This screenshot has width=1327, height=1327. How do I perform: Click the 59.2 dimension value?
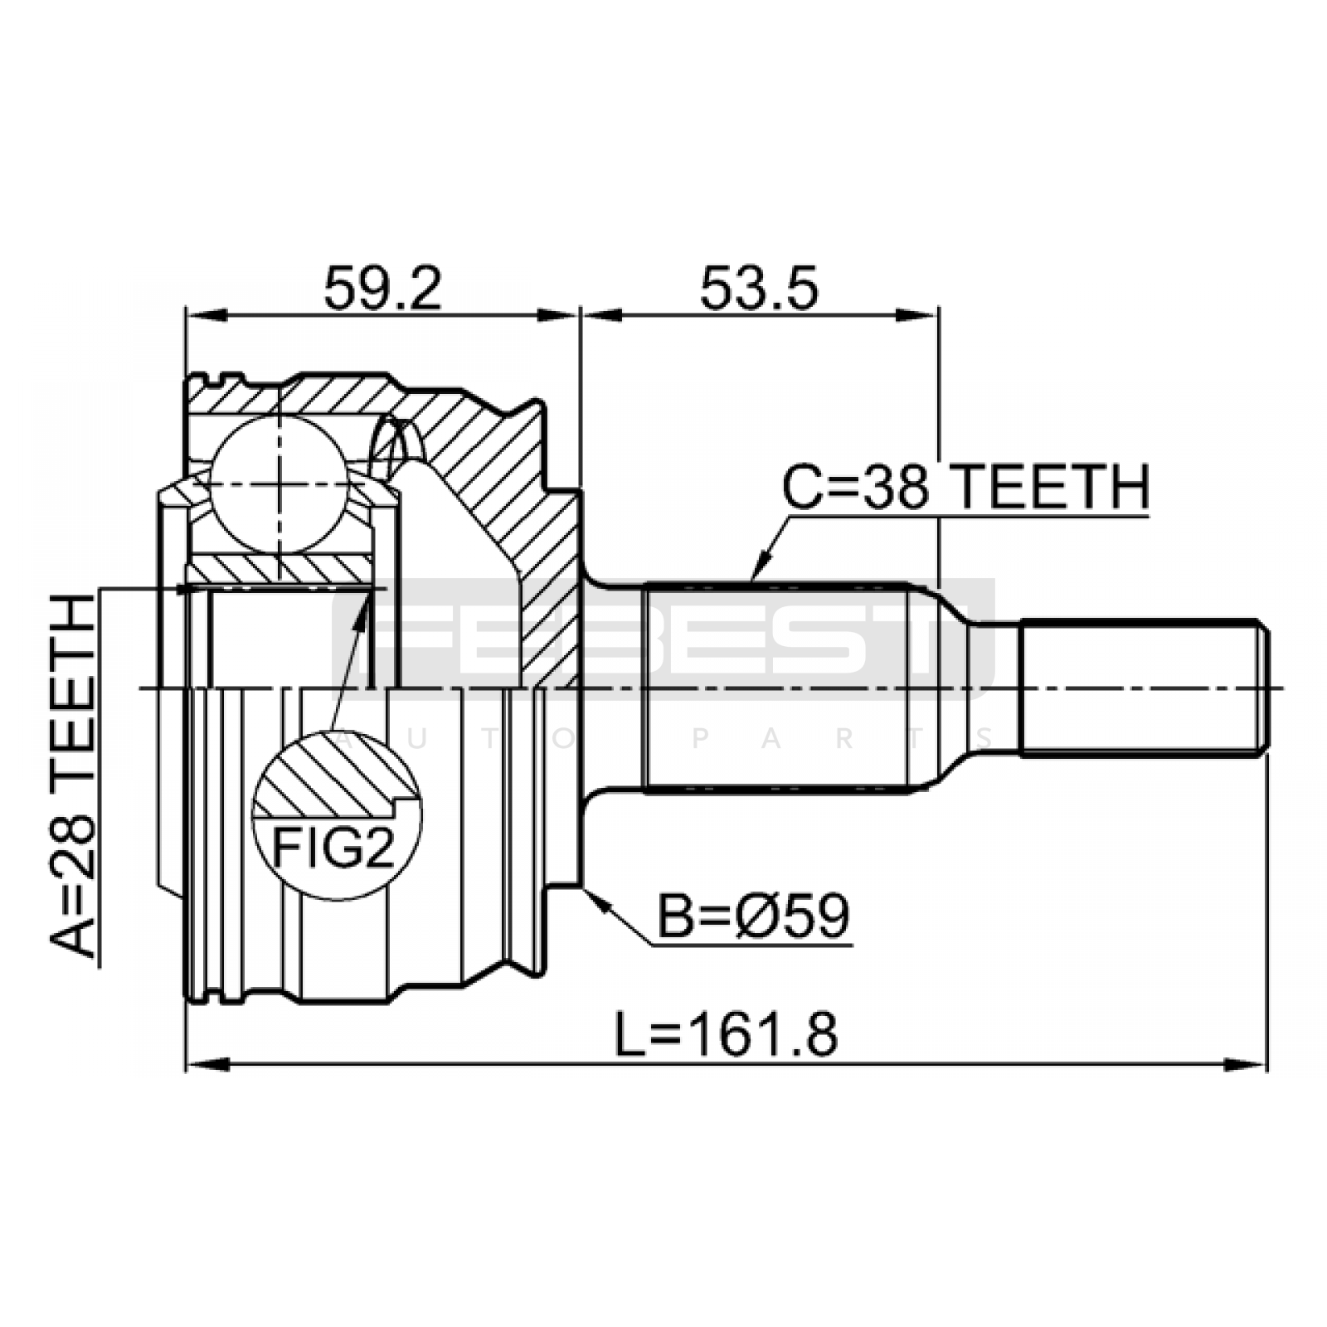[382, 288]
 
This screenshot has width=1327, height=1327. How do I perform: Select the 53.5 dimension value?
[759, 288]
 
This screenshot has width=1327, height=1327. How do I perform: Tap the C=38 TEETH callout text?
[966, 487]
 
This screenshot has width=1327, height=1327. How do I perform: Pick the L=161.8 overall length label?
[727, 1034]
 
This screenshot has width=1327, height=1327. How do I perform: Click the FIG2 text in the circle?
[335, 848]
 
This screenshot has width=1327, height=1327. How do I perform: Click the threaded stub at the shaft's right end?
[1144, 688]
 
